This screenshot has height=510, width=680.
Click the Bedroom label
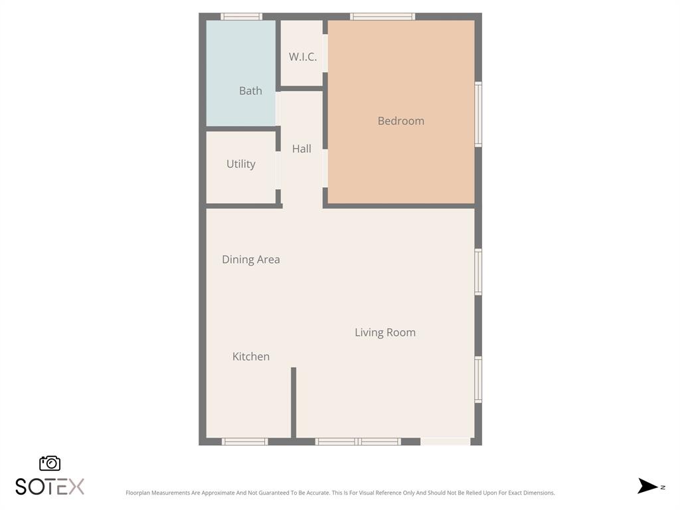[400, 121]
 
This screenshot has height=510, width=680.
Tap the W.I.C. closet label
[302, 57]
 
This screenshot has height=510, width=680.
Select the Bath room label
[250, 91]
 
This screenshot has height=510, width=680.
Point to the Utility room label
[240, 164]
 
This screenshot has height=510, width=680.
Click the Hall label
[301, 149]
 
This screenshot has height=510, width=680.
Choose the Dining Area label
[250, 260]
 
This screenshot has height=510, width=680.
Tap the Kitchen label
[250, 357]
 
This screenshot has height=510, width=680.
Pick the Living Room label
[384, 333]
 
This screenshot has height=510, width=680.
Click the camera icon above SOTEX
[50, 464]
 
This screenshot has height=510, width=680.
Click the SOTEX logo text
[50, 487]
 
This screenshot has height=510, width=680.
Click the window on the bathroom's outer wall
[241, 17]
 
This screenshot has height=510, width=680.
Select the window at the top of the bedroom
[382, 17]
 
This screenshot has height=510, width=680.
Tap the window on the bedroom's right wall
[478, 114]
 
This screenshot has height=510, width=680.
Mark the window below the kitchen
[244, 442]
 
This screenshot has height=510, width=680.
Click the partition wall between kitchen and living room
[294, 402]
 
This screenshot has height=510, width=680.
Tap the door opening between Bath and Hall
[278, 108]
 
